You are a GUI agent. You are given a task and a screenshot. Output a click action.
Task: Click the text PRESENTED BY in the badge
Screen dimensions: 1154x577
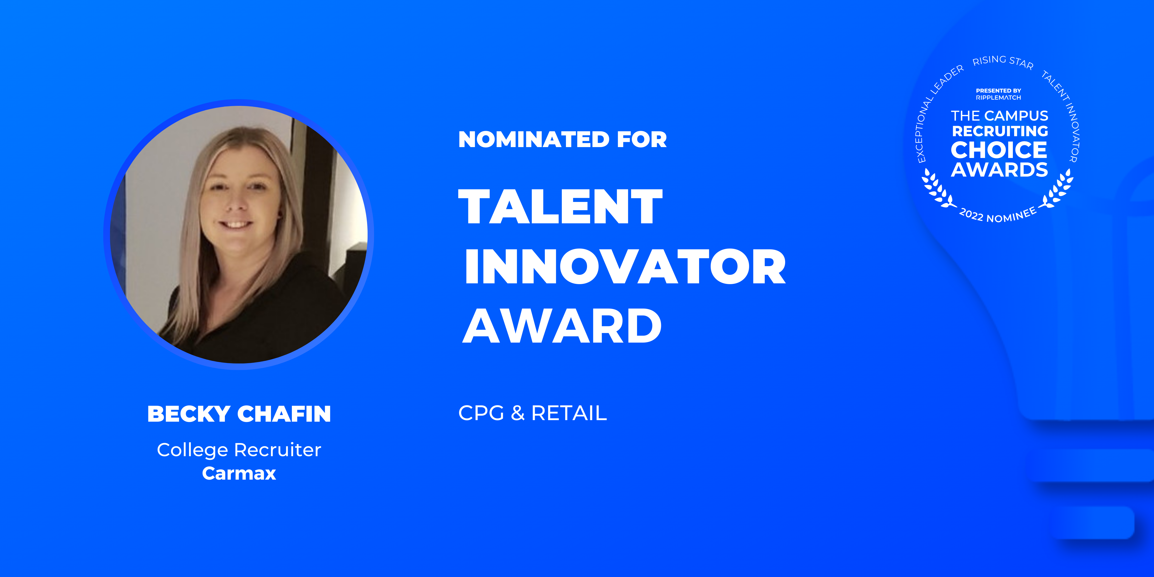(x=999, y=90)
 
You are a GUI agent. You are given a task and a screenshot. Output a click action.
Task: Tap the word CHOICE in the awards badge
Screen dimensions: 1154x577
(x=999, y=150)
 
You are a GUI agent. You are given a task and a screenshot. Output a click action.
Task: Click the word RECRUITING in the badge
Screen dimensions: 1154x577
(x=1000, y=131)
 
